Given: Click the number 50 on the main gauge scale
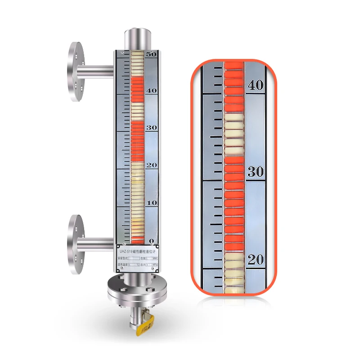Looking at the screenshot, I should (151, 54).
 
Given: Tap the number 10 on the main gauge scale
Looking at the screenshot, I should (151, 203).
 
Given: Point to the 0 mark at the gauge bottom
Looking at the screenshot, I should (152, 242).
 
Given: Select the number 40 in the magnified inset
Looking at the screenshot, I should (256, 85).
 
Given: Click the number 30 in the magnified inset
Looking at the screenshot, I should (256, 171).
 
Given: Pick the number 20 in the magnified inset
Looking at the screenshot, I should (256, 260).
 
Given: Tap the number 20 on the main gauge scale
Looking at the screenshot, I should (151, 165).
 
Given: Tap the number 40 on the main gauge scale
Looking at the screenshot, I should (151, 90).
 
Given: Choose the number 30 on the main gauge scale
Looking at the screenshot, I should (151, 128).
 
